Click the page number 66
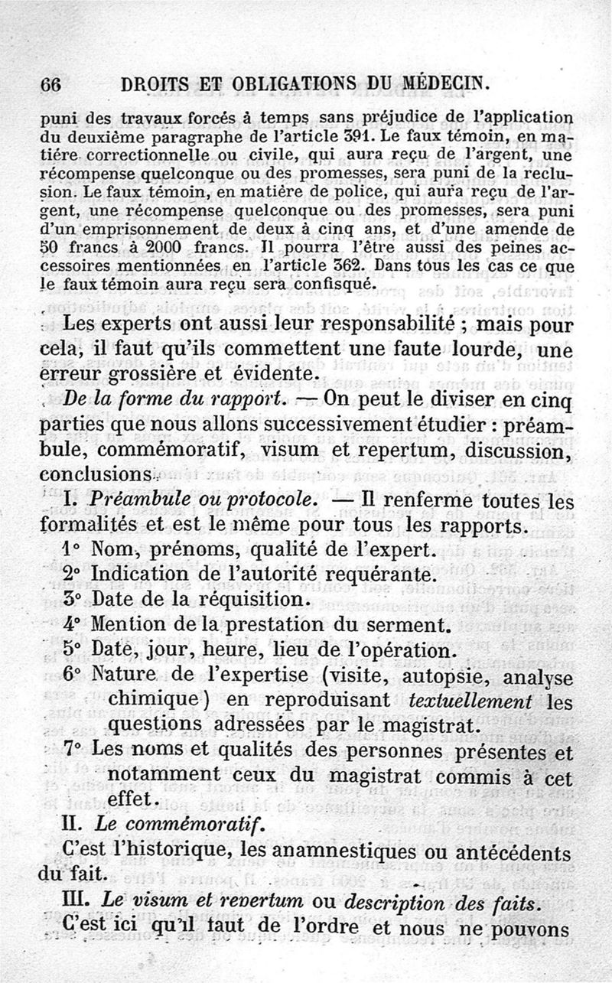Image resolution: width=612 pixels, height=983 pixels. pyautogui.click(x=50, y=85)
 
